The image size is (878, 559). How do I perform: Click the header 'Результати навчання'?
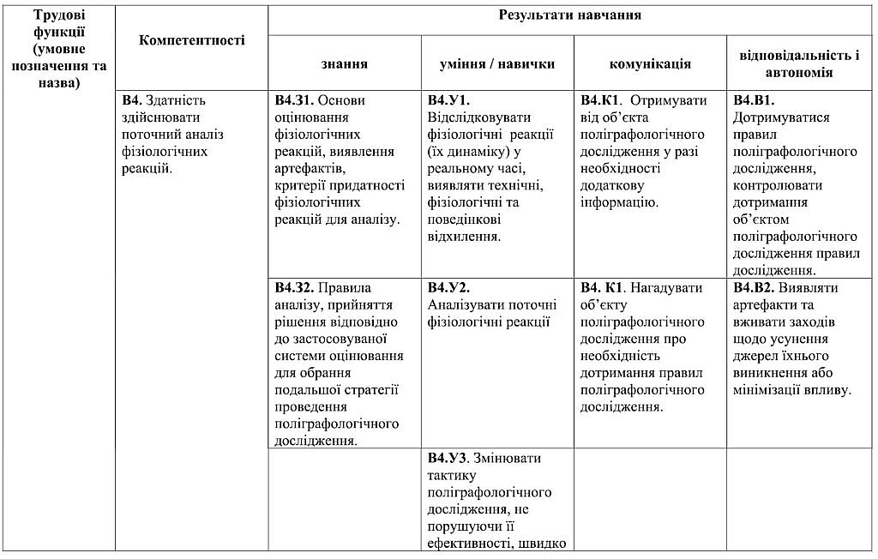pyautogui.click(x=569, y=15)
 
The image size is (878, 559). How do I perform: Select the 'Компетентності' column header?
pyautogui.click(x=191, y=39)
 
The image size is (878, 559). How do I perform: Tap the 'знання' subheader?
pyautogui.click(x=345, y=63)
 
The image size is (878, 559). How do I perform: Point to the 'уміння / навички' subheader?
pyautogui.click(x=497, y=63)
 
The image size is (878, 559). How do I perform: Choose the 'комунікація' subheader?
pyautogui.click(x=650, y=63)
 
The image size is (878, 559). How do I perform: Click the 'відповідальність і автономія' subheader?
pyautogui.click(x=799, y=63)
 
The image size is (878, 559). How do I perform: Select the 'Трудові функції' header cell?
pyautogui.click(x=58, y=48)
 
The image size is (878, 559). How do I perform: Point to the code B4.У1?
pyautogui.click(x=448, y=100)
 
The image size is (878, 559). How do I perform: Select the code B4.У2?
pyautogui.click(x=448, y=287)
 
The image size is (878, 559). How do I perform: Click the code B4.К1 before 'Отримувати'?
pyautogui.click(x=601, y=100)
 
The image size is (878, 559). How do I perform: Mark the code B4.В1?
pyautogui.click(x=754, y=100)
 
